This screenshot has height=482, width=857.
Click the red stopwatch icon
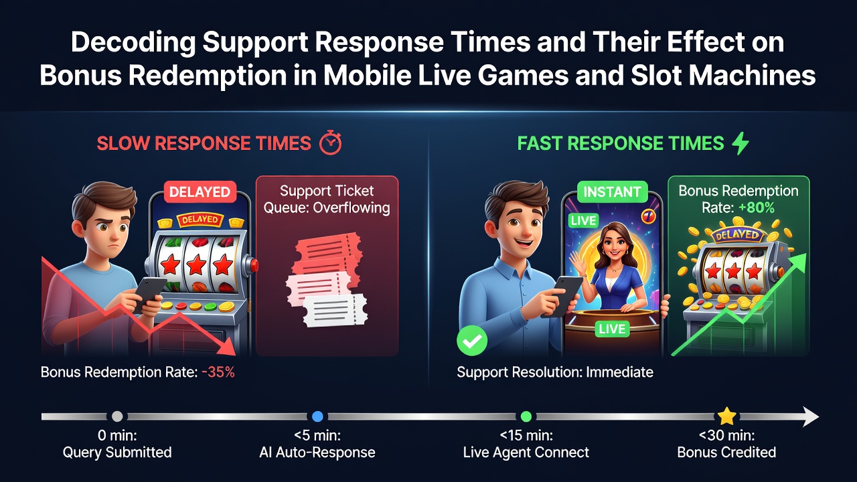pos(331,143)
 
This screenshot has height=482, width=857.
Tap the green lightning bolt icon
pos(741,143)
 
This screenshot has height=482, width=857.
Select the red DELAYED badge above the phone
pos(200,191)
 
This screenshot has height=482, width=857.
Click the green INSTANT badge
pos(612,191)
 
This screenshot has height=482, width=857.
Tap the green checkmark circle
pos(472,341)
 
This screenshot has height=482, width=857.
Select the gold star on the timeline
pos(726,416)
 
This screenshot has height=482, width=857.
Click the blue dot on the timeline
pos(317,416)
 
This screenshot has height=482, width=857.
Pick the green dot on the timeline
pos(526,416)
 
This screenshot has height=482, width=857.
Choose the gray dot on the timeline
pos(117,416)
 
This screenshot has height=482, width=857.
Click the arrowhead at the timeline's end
pos(810,416)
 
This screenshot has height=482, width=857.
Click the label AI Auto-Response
pos(317,452)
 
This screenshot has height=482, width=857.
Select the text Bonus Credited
pos(726,452)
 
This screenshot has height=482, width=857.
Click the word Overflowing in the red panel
pos(352,208)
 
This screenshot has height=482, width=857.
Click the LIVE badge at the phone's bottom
pos(612,329)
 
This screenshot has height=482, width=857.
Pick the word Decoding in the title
pos(133,42)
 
